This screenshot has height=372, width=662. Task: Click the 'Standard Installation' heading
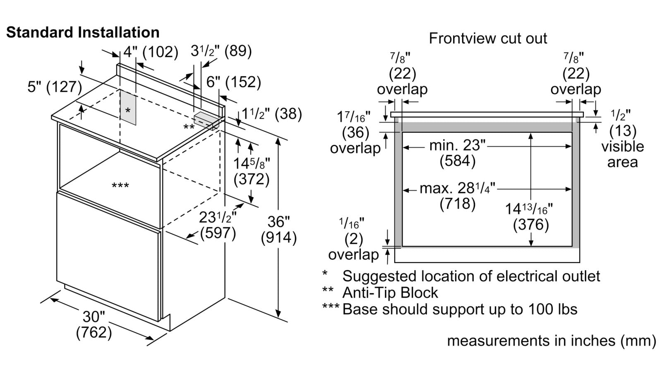pos(83,32)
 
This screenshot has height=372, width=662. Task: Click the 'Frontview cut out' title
pos(488,38)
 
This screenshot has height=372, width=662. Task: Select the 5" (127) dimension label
pos(55,87)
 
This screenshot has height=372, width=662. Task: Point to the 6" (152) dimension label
pos(233,82)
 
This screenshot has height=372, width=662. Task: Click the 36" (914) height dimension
pos(278,230)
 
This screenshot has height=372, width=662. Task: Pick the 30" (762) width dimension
pos(94,324)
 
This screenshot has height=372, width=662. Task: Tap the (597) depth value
pos(218,233)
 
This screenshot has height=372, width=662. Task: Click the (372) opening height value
pos(252,179)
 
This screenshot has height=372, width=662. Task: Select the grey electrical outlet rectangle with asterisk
pos(128,109)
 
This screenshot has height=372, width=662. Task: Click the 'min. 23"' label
pos(457,145)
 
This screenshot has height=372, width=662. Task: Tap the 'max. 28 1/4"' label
pos(457,188)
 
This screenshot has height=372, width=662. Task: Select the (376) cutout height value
pos(531,224)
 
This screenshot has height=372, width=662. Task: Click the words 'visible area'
pos(622,154)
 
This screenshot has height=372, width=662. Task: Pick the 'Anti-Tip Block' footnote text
pos(390,293)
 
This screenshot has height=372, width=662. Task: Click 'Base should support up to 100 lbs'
pos(460,309)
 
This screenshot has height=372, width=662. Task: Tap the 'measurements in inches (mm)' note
pos(551,341)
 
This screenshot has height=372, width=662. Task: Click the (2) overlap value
pos(353,239)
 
